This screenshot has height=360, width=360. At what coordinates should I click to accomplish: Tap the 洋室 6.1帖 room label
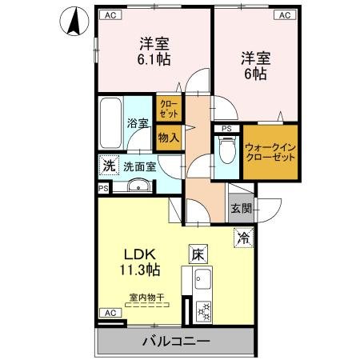tap(154, 51)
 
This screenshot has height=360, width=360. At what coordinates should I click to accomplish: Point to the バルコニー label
tap(176, 342)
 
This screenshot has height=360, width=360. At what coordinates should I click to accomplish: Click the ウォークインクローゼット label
tap(270, 150)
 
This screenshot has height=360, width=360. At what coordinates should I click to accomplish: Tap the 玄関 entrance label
tap(240, 209)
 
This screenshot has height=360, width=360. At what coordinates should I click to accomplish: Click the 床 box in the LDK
tap(198, 254)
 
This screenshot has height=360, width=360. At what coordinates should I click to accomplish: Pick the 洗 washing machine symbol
tap(108, 166)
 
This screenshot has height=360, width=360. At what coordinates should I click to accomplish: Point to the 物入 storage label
tap(168, 138)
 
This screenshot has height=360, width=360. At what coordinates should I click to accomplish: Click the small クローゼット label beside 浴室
tap(168, 108)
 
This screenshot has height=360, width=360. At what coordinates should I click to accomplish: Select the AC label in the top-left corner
tap(109, 15)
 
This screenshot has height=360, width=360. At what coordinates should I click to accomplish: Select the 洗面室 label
tap(139, 167)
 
